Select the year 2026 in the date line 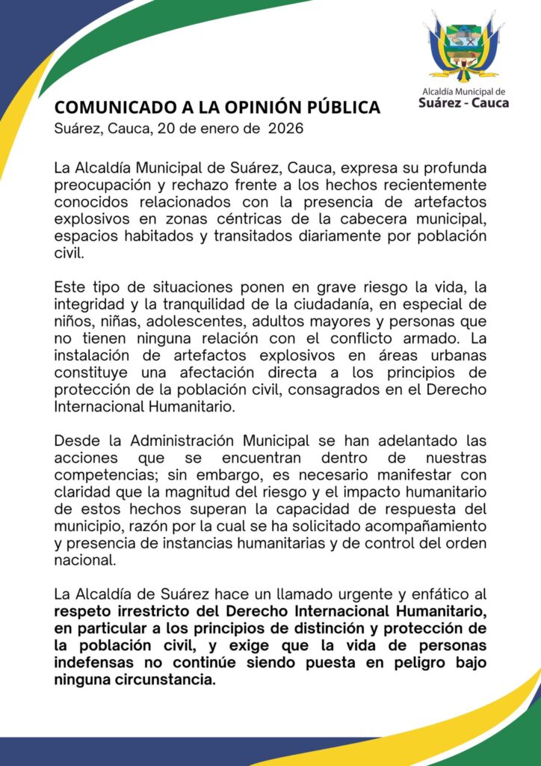(x=285, y=129)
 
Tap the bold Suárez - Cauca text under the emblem (x=463, y=102)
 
